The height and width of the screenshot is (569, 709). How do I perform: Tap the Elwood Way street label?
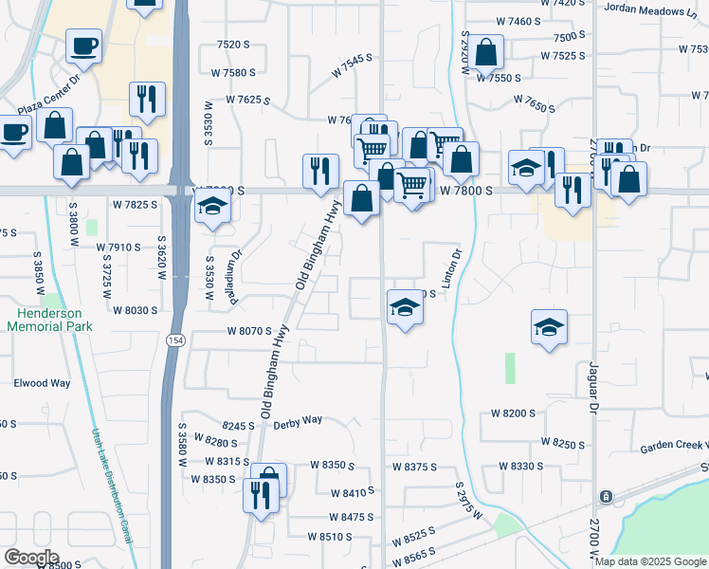click(42, 384)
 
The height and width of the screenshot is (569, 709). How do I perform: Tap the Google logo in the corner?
click(30, 558)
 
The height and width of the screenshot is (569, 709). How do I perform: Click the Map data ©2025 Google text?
click(650, 561)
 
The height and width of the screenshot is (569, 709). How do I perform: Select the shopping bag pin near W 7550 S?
click(486, 54)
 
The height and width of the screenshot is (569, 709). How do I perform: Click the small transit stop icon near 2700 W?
click(605, 497)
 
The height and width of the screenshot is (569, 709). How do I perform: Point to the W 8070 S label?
click(249, 332)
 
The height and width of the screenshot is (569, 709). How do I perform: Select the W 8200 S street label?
click(513, 414)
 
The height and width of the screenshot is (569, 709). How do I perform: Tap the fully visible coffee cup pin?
click(83, 46)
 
